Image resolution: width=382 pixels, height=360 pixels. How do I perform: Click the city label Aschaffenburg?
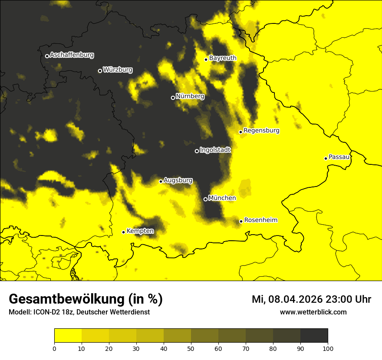tap(72, 55)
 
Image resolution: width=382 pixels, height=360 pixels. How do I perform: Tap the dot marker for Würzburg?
tap(100, 71)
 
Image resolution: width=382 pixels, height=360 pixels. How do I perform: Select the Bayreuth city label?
tap(223, 58)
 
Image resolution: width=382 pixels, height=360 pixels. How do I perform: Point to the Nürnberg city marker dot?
tap(173, 98)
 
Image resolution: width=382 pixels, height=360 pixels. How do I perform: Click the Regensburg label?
tap(261, 130)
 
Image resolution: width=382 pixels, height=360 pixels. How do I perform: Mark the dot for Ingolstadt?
tap(197, 151)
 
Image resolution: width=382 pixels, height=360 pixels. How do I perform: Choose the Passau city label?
tap(339, 157)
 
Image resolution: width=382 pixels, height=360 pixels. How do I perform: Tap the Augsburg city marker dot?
tap(161, 181)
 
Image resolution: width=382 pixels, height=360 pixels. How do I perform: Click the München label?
tap(222, 198)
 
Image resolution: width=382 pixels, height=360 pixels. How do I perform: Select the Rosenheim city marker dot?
tap(241, 221)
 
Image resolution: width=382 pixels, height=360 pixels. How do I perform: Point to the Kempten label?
tap(140, 231)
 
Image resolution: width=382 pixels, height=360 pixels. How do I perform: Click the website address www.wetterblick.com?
tap(313, 312)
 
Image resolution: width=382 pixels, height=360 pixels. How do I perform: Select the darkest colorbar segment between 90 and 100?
tap(314, 335)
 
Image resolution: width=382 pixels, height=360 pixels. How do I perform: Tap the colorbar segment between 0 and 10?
tap(68, 335)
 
